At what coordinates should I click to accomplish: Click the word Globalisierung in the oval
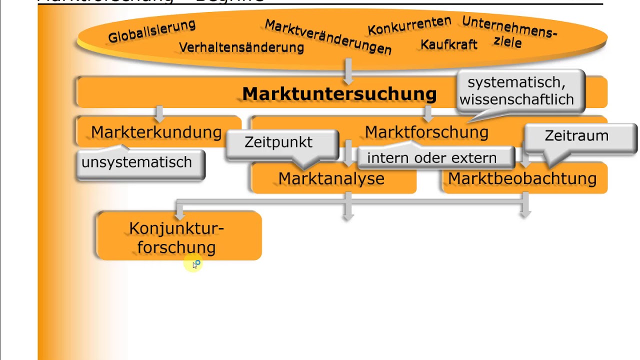pos(151,31)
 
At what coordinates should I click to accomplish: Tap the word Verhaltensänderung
pos(241,47)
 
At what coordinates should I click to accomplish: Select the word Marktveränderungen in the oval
pos(328,37)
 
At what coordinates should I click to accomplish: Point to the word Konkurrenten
pos(409,25)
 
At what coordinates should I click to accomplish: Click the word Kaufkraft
pos(448,44)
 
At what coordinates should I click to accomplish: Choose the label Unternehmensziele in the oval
pos(509,32)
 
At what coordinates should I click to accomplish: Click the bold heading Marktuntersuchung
pos(339,93)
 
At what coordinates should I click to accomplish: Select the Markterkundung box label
pos(156,132)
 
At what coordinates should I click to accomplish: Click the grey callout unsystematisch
pos(136,162)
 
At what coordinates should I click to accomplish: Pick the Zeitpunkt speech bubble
pos(278,142)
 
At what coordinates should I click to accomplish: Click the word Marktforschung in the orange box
pos(426,132)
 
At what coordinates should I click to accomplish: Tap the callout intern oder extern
pos(431,158)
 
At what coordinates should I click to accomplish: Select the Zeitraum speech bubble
pos(576,136)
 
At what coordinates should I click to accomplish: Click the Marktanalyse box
pos(331,178)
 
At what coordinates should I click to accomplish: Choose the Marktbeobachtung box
pos(522,178)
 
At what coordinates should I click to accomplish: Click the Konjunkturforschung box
pos(176,237)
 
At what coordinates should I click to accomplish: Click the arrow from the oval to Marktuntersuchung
pos(348,70)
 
